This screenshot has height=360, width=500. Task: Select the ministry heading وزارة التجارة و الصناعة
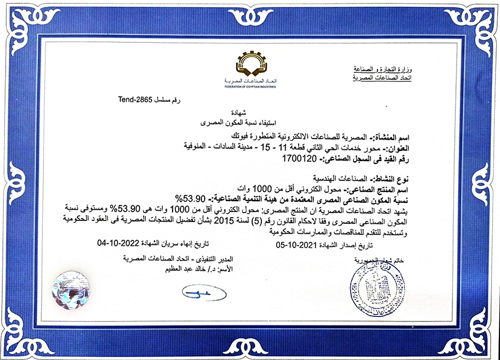[382, 68]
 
